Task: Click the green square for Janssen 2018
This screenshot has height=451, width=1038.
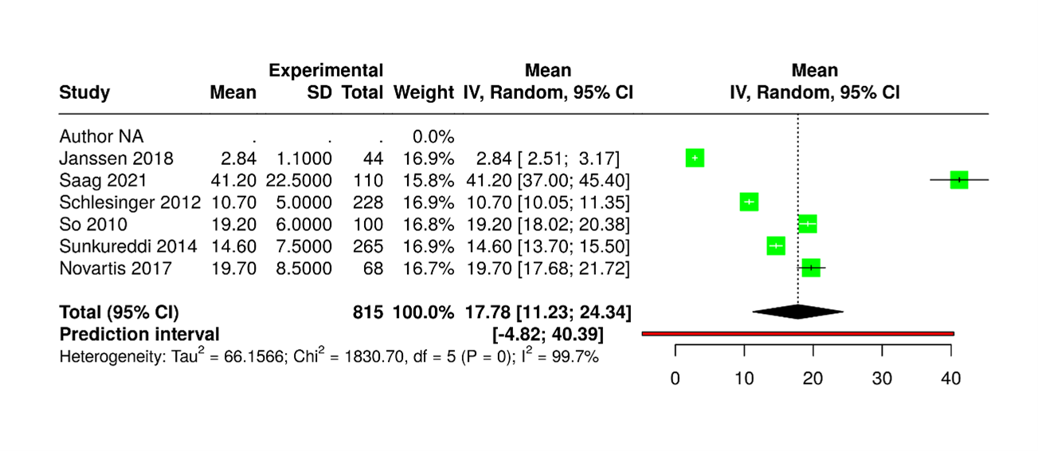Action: (695, 158)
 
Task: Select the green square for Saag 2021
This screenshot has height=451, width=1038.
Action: (959, 180)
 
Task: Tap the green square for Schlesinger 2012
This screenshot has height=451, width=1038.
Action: (749, 202)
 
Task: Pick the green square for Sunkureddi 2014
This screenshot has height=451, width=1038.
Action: (776, 246)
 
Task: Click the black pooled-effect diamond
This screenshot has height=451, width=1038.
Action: (797, 312)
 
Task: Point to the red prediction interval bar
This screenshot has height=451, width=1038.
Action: (797, 333)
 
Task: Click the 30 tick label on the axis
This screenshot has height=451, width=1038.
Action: (882, 379)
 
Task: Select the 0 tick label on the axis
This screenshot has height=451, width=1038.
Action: (676, 379)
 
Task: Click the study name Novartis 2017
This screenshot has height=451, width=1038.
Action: (116, 269)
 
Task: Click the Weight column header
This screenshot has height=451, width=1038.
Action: (424, 92)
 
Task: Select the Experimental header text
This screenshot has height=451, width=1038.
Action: (326, 70)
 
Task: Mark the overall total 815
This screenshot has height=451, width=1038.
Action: (368, 312)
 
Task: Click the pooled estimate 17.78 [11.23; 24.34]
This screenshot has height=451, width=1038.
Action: (547, 312)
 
